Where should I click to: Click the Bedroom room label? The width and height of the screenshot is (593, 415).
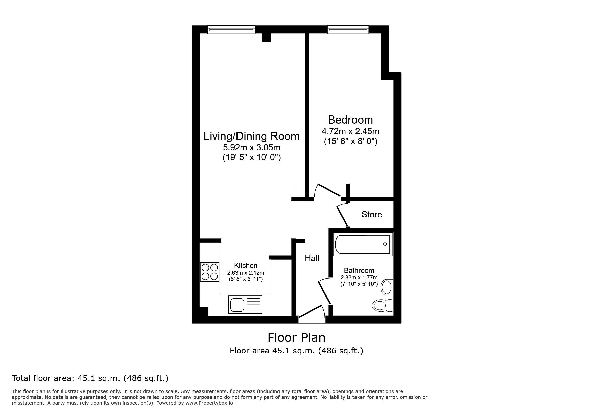tap(350, 120)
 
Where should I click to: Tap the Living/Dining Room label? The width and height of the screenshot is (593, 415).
tap(252, 136)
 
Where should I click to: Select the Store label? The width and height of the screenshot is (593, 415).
tap(372, 214)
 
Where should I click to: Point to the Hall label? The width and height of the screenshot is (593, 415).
tap(312, 258)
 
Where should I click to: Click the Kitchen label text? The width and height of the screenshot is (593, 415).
tap(246, 265)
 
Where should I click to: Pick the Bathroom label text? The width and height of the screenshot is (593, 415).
tap(359, 270)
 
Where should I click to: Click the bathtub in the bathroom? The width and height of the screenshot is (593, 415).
tap(363, 244)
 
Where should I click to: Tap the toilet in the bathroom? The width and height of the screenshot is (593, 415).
tap(383, 306)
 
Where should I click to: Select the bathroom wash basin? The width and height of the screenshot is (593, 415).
tap(387, 287)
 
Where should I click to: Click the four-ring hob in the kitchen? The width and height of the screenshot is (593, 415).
tap(210, 272)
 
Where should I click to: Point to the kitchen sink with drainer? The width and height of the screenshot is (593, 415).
tap(245, 305)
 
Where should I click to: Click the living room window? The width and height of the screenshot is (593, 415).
tap(231, 30)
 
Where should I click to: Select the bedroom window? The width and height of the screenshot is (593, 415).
tap(348, 30)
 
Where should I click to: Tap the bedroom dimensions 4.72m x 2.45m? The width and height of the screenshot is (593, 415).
tap(350, 131)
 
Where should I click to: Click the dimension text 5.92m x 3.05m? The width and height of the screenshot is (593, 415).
tap(252, 147)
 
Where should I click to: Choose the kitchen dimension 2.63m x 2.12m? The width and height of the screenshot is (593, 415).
tap(246, 273)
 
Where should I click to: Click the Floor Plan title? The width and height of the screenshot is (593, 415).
tap(296, 337)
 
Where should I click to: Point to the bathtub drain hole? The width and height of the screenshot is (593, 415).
tap(385, 244)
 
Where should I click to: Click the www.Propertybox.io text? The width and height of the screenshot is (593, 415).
tap(209, 403)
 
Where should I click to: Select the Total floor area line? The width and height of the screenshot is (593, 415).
tap(90, 378)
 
